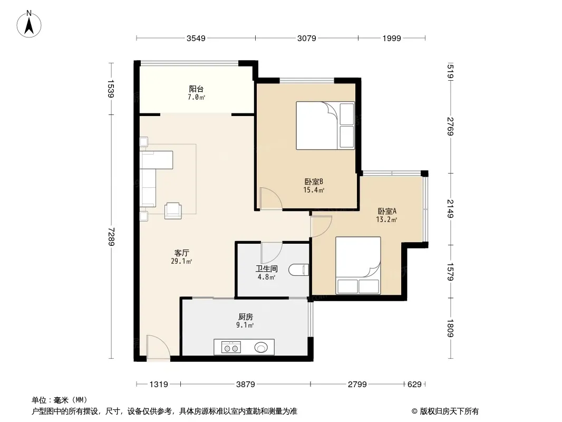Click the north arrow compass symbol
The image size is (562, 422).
coord(29,24)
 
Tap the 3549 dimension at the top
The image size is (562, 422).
coord(196,39)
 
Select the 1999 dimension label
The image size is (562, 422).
coord(391,39)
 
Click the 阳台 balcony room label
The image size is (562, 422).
coord(197,89)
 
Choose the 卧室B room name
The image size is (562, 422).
coord(314,182)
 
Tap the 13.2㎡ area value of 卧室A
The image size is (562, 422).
coord(386,219)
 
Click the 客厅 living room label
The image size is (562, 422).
coord(182,253)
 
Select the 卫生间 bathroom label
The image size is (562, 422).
coord(267,268)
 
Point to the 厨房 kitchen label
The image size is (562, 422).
coord(246,317)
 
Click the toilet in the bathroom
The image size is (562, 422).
coord(298,270)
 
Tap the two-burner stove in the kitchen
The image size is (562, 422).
coord(231,348)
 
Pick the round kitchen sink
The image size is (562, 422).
coord(261,348)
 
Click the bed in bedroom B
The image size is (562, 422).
coord(325,126)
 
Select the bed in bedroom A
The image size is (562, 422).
coord(358,265)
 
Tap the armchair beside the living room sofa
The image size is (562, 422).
coord(173,211)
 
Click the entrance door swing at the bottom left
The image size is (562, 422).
coord(158,347)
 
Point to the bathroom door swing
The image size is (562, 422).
coord(272,253)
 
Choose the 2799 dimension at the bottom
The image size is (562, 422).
coord(357,385)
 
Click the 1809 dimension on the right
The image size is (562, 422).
coord(451,328)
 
